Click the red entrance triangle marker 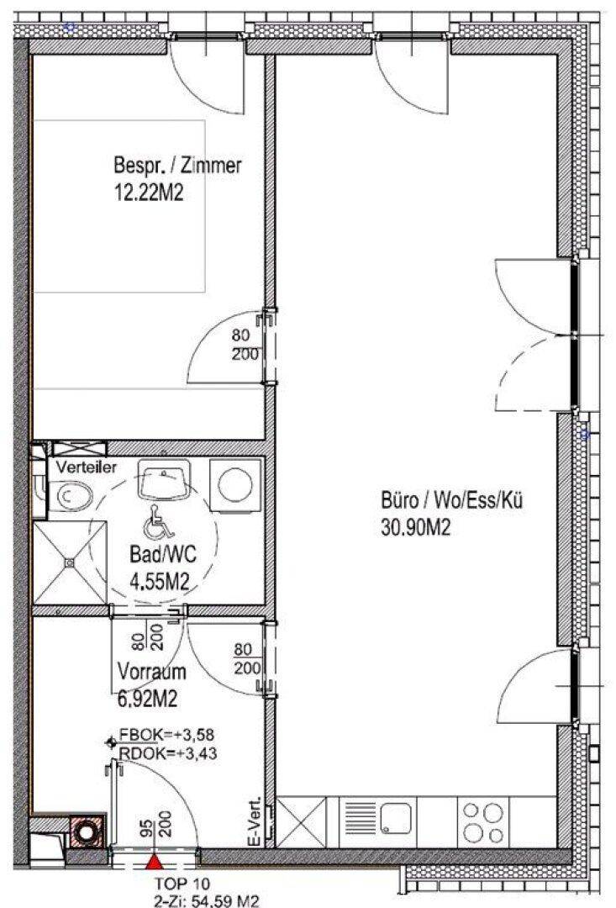[x=154, y=863]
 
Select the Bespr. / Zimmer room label [x=177, y=166]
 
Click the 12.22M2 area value [x=149, y=193]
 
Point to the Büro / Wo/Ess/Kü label [x=451, y=499]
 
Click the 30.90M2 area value [x=415, y=527]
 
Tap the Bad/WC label [x=163, y=555]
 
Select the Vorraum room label [x=151, y=672]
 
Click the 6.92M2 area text [x=147, y=699]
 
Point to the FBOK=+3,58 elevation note [x=166, y=736]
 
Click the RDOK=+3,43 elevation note [x=167, y=753]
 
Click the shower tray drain [x=70, y=562]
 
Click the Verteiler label [x=87, y=467]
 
